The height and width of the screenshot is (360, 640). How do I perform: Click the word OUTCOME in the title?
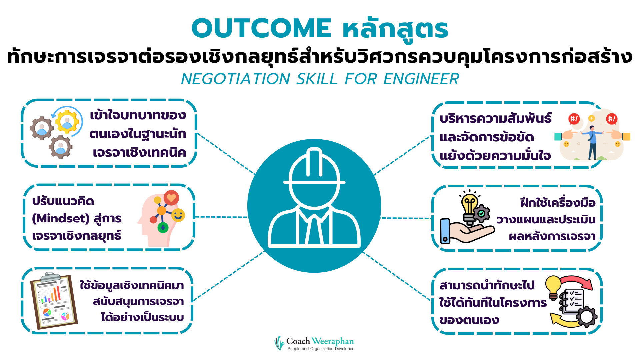pos(261,28)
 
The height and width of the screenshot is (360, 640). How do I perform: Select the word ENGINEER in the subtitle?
pos(421,79)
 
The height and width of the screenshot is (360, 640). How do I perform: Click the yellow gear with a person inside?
pos(67,122)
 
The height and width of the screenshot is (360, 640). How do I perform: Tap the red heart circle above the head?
pos(171,198)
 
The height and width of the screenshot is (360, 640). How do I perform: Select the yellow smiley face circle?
pos(178,215)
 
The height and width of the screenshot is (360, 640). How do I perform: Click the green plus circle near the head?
pos(163,228)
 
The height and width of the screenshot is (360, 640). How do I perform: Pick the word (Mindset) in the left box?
pos(61,219)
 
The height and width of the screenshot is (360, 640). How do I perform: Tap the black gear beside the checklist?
pos(587,316)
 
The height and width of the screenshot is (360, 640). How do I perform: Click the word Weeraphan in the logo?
pos(333,341)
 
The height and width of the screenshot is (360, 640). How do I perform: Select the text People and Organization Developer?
pos(320,349)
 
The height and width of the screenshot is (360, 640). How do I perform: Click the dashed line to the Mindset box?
pos(221,217)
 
